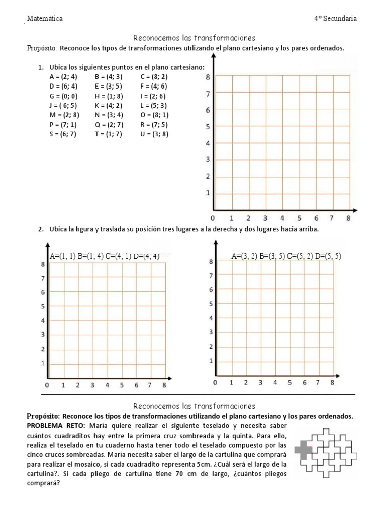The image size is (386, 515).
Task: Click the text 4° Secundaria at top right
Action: pyautogui.click(x=335, y=19)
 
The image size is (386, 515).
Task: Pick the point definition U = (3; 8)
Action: pyautogui.click(x=154, y=134)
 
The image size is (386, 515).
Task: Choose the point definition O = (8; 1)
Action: pyautogui.click(x=154, y=115)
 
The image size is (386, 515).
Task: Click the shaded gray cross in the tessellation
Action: pyautogui.click(x=303, y=449)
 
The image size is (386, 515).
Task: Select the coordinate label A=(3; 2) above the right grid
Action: pyautogui.click(x=244, y=256)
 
